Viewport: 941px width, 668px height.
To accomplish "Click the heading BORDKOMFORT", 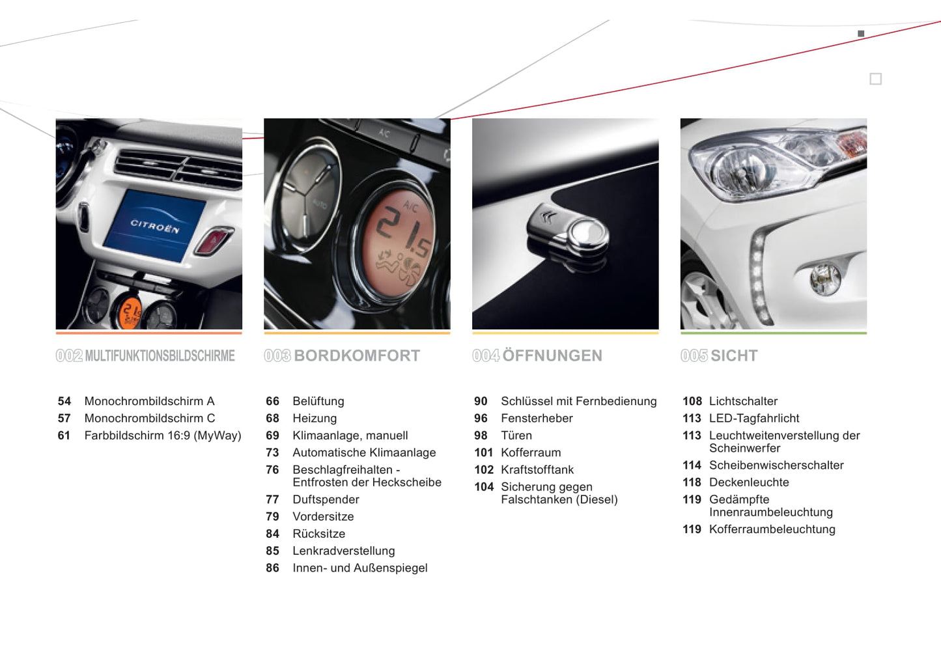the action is coord(357,356).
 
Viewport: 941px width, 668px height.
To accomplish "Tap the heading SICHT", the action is coord(734,356).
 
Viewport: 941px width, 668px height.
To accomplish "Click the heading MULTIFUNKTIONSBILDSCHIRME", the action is coord(160,356).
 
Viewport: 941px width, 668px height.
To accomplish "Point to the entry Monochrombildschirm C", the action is coord(150,419).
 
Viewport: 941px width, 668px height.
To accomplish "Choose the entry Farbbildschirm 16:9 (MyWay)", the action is coord(163,436).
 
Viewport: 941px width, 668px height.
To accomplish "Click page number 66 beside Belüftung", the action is coord(272,401).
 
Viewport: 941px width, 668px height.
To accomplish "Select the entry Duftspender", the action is coord(326,499).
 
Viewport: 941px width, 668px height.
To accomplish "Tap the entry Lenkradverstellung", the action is coord(344,551).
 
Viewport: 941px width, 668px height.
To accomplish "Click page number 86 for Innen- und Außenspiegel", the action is coord(272,568).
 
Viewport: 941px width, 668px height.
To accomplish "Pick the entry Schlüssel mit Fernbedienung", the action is coord(578,401).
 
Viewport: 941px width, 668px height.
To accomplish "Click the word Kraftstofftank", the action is coord(537,469).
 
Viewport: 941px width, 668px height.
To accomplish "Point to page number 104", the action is coord(484,487).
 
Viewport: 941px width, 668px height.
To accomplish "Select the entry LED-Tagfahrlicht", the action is coord(754,419).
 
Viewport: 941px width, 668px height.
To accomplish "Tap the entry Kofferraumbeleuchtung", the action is coord(772,529).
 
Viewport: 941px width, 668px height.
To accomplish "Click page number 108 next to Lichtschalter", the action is coord(692,401).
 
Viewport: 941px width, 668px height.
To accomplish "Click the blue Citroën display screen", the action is coord(154,226).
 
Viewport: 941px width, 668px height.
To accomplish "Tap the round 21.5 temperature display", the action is coord(398,242).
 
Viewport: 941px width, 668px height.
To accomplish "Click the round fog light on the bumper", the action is coord(824,279).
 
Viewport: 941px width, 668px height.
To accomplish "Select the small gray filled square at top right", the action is coord(861,34).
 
